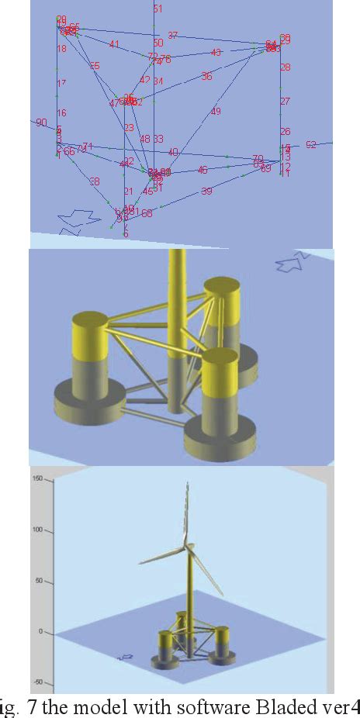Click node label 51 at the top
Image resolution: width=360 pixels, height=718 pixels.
click(x=157, y=9)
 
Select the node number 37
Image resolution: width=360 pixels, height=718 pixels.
click(x=172, y=36)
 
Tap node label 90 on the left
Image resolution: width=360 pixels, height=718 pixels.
click(x=41, y=123)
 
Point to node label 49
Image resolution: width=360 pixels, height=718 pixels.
click(x=216, y=112)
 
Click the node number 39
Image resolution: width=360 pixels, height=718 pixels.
click(x=206, y=191)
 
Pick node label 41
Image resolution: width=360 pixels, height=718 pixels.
click(x=114, y=44)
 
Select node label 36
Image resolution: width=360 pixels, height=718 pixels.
click(x=206, y=77)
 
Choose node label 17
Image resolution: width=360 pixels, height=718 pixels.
click(x=61, y=83)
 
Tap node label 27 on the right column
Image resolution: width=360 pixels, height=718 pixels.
click(x=285, y=102)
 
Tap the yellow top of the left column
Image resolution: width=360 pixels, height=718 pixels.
click(x=88, y=334)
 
